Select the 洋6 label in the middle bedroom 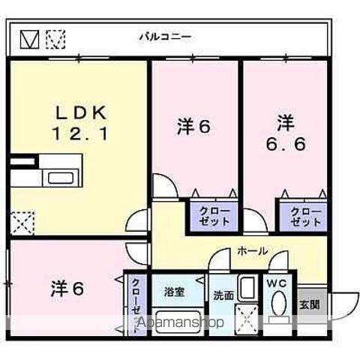(194, 126)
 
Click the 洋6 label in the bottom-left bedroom (66, 288)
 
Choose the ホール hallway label (252, 251)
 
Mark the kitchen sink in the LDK (57, 178)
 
